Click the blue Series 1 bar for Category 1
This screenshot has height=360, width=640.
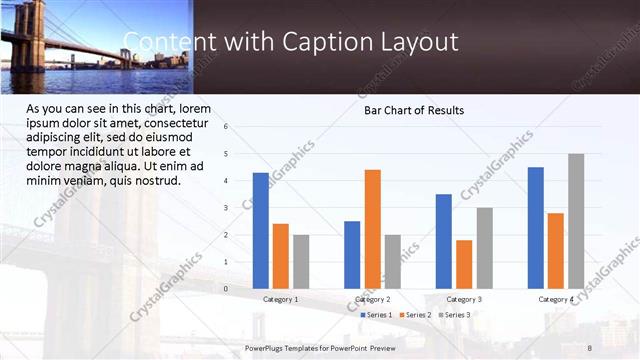click(x=261, y=230)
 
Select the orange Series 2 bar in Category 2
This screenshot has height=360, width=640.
click(x=372, y=228)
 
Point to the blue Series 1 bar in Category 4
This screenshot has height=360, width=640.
click(x=536, y=227)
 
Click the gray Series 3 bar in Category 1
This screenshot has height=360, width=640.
click(x=301, y=261)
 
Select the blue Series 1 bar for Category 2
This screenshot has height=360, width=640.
click(x=352, y=254)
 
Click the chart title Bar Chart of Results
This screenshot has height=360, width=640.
click(x=413, y=110)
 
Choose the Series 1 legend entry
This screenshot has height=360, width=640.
click(x=376, y=315)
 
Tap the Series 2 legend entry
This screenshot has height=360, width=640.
click(x=415, y=315)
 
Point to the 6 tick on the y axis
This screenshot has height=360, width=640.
click(x=226, y=127)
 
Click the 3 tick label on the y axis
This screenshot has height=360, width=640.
click(x=226, y=208)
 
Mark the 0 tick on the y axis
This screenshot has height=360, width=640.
click(x=226, y=289)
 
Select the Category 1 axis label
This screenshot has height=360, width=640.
click(x=280, y=299)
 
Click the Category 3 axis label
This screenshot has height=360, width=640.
click(x=464, y=299)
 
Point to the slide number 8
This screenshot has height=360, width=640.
click(x=590, y=347)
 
